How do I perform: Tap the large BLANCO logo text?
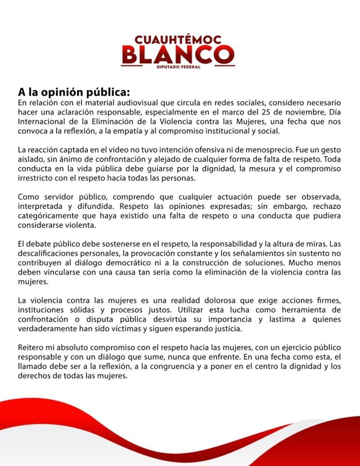178,55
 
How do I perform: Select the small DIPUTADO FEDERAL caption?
178,67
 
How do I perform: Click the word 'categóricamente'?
48,217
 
